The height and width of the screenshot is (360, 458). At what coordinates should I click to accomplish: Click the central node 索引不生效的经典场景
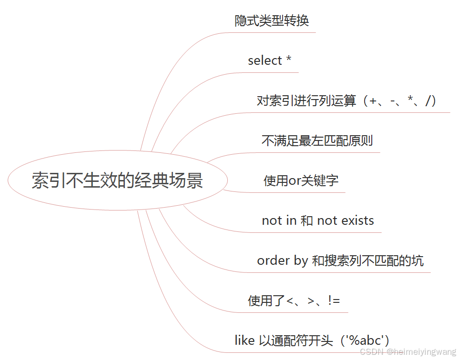(x=117, y=181)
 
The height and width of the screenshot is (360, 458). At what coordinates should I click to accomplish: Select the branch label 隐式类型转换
(x=272, y=21)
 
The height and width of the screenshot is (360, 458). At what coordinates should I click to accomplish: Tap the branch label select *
(x=269, y=61)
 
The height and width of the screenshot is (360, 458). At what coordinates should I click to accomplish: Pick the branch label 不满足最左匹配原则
(x=317, y=141)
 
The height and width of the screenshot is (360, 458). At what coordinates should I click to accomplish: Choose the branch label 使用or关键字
(x=301, y=181)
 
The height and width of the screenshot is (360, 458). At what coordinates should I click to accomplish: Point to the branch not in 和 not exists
(x=317, y=220)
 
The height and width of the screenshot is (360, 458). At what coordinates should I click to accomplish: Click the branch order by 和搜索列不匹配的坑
(x=340, y=260)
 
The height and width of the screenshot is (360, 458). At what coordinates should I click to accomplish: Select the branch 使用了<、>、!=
(x=294, y=300)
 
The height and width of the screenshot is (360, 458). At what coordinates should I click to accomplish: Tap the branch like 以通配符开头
(x=312, y=340)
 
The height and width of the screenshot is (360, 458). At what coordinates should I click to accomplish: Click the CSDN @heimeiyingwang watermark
(x=407, y=352)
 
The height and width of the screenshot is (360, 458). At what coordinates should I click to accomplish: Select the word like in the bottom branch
(x=244, y=340)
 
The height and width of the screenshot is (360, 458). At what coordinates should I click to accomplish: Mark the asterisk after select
(x=288, y=60)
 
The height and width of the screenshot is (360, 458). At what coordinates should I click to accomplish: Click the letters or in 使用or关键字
(x=295, y=181)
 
